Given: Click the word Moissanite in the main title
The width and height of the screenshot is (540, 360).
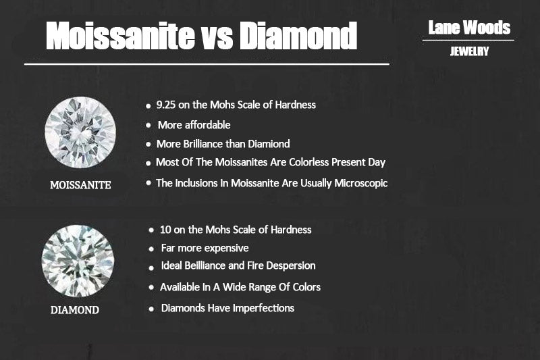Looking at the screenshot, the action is [x=121, y=36].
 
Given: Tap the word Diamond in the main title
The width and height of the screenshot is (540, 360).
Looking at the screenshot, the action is [x=298, y=36].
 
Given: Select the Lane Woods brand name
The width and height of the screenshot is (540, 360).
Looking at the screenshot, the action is [x=469, y=28].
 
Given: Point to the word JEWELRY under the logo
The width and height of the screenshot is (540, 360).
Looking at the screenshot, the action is [x=469, y=51].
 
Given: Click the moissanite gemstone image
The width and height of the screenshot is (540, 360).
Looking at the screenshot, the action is [x=80, y=132].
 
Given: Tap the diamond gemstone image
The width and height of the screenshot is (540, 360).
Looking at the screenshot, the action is [x=78, y=261].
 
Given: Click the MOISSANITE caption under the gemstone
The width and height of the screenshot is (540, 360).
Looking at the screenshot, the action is [x=80, y=185].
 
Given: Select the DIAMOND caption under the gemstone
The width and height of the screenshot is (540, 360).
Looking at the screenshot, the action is [x=75, y=310].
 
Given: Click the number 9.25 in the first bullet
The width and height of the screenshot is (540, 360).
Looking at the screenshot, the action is [x=166, y=105].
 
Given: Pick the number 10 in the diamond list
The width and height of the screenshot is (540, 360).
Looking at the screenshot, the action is [x=165, y=230].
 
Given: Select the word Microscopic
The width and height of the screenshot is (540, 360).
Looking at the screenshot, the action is [x=361, y=183].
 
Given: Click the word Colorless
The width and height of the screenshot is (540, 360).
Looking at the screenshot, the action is [x=309, y=162].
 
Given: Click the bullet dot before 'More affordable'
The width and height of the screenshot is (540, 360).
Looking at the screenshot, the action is [x=148, y=126].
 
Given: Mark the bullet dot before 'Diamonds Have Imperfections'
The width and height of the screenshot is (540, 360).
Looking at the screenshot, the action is [x=151, y=309].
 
